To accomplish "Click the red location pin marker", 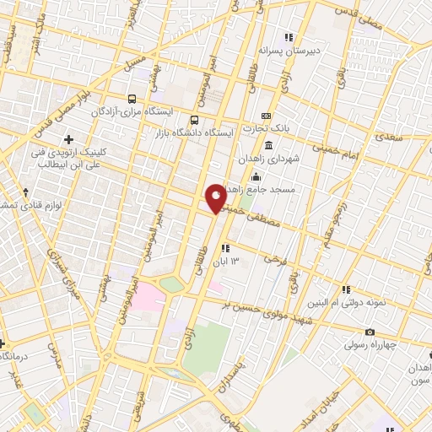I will click(x=216, y=197).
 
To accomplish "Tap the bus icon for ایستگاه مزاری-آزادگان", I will click(x=131, y=98).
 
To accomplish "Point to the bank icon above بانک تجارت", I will click(x=266, y=116).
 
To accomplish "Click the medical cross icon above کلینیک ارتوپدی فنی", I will click(x=68, y=139).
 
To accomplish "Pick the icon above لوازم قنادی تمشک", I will click(x=26, y=192).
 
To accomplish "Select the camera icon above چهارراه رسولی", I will click(x=370, y=332).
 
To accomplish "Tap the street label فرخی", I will click(x=269, y=256).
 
